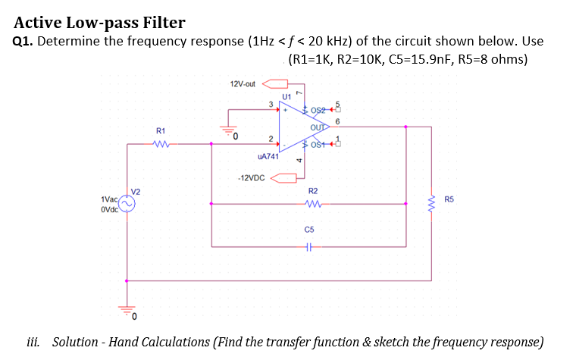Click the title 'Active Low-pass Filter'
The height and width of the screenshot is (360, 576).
tap(99, 23)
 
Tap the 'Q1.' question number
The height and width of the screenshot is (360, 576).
tap(23, 42)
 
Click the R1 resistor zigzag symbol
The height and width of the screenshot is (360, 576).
tap(161, 141)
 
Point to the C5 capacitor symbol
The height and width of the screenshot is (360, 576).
tap(308, 246)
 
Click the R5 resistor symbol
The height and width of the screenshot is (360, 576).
tap(433, 201)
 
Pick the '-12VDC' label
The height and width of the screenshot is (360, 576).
tap(250, 179)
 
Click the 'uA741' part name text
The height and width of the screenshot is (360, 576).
tap(268, 157)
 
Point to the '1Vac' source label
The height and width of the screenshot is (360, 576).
tap(109, 199)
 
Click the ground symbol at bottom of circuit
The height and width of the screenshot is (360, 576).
tap(127, 309)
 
